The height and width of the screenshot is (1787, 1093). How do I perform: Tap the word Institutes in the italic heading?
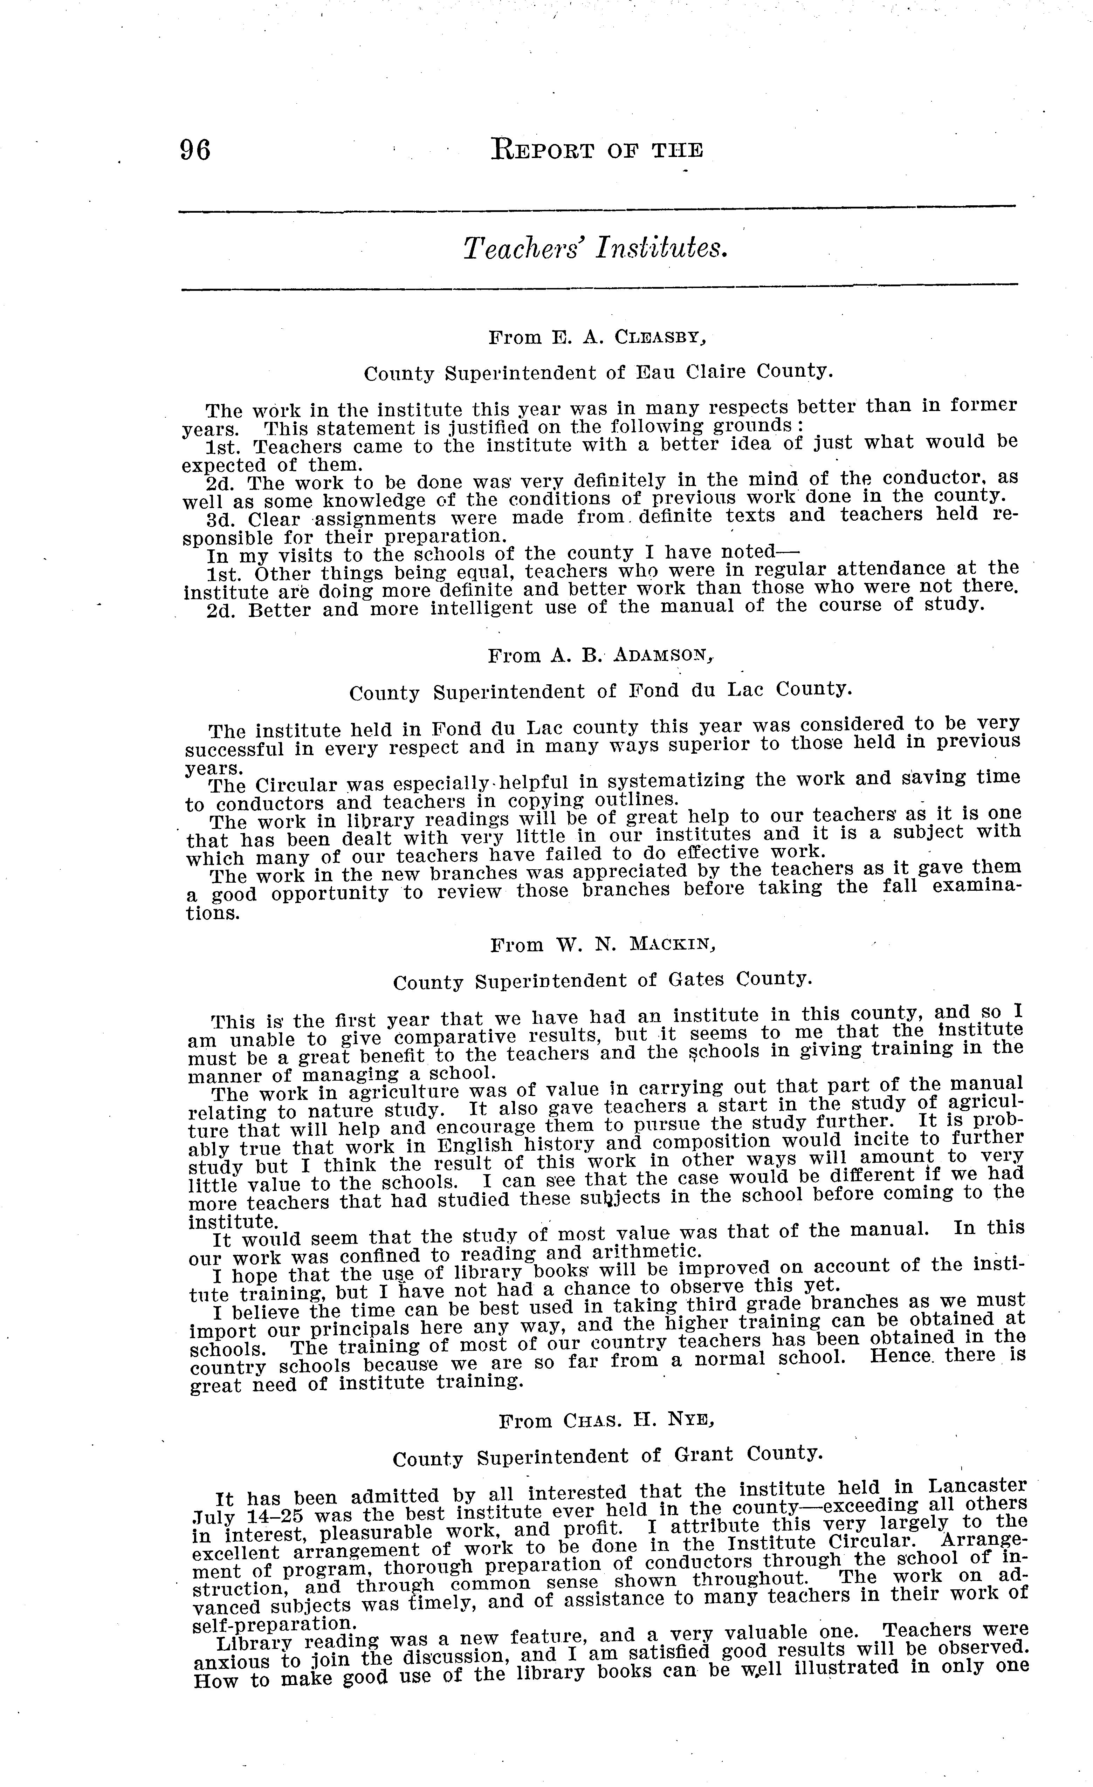coord(660,249)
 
